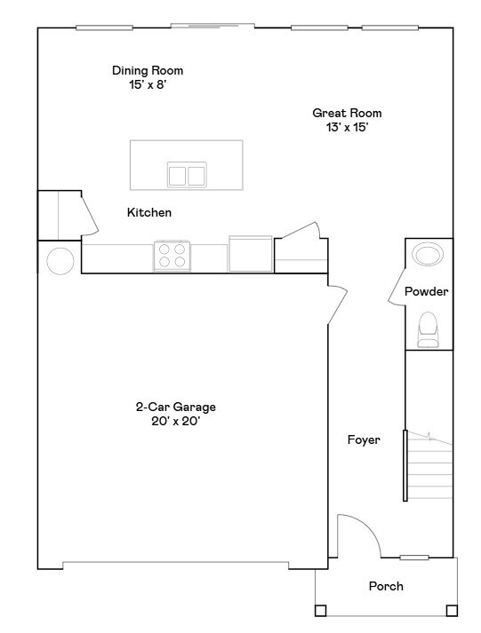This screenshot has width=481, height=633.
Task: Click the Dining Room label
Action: coord(148,70)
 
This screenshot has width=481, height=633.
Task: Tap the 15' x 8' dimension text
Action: coord(148,85)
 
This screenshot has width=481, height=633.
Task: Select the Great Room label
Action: coord(347,113)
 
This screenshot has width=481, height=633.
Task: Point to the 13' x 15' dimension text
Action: coord(347,127)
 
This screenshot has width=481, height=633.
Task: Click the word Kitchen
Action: coord(149,213)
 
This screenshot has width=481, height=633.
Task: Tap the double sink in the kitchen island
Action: coord(187,174)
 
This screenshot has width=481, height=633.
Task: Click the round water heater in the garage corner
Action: coord(60,262)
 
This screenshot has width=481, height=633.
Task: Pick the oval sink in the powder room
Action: coord(429,255)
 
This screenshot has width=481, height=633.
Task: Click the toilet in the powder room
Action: coord(429,328)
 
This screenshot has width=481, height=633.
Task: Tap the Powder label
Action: coord(427,292)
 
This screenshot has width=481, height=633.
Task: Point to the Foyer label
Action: coord(364,439)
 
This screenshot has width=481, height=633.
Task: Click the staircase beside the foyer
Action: coord(430,466)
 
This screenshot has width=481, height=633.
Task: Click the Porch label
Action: coord(386,586)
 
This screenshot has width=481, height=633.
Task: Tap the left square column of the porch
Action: coord(320,610)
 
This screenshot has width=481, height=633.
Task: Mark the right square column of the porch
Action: coord(452,610)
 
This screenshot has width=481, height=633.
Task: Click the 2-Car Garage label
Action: coord(175,407)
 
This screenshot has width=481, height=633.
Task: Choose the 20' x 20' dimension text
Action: coord(175,422)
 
